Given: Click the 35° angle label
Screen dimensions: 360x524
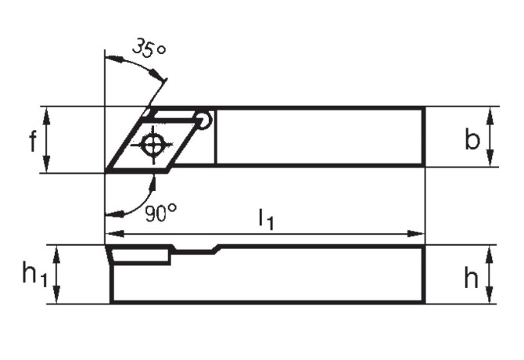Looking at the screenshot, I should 149,48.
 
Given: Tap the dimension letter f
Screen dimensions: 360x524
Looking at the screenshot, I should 32,142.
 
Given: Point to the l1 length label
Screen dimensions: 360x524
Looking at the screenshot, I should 266,221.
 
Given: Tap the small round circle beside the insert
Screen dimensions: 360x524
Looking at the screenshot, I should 204,120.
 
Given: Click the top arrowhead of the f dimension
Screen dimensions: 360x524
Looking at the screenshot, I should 47,112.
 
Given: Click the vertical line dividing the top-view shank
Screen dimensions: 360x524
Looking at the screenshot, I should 215,137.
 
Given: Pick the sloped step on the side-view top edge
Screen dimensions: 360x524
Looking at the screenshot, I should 215,250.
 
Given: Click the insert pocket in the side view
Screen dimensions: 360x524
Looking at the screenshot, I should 141,255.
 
